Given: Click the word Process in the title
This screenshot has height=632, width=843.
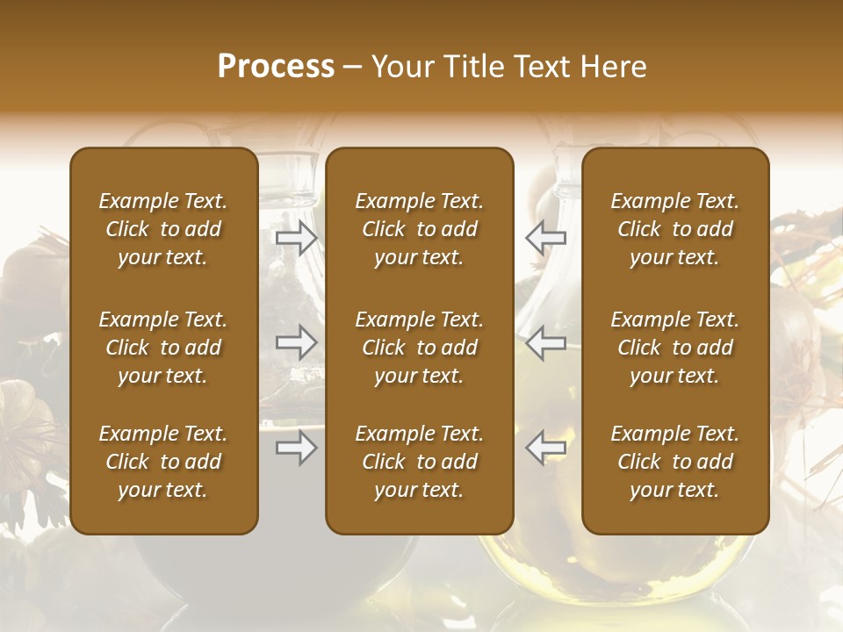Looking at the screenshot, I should coord(276,67).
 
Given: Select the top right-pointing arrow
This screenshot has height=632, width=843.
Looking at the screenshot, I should coord(296,237).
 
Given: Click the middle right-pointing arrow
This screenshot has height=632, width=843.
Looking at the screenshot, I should coord(296,342).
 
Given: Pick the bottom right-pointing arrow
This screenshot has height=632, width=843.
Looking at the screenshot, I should coord(296,448).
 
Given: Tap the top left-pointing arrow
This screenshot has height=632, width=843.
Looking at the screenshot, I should coord(545,237).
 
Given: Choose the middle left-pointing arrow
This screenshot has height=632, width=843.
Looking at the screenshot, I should coord(545,342).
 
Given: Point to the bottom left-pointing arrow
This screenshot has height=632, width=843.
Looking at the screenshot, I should coord(545,448).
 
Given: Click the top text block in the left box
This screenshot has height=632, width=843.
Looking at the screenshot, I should coord(163,229).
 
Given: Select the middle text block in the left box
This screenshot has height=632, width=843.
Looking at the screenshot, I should coord(163,348).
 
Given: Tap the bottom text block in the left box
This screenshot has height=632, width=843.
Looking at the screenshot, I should coord(163,462).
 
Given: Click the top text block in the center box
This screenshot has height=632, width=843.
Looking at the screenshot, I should coord(420,229).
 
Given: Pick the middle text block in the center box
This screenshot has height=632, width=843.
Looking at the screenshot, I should coord(420,348).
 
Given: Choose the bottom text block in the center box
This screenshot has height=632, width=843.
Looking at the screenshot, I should coord(420,462).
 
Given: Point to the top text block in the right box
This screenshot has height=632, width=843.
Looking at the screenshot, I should coord(675,229).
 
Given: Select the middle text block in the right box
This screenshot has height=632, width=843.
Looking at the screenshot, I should coord(675,348).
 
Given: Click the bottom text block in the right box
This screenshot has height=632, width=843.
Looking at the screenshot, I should coord(675,462).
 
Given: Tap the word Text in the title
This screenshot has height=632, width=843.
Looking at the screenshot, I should coord(542,67).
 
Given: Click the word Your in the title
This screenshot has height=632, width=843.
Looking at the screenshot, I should coord(404,67).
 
